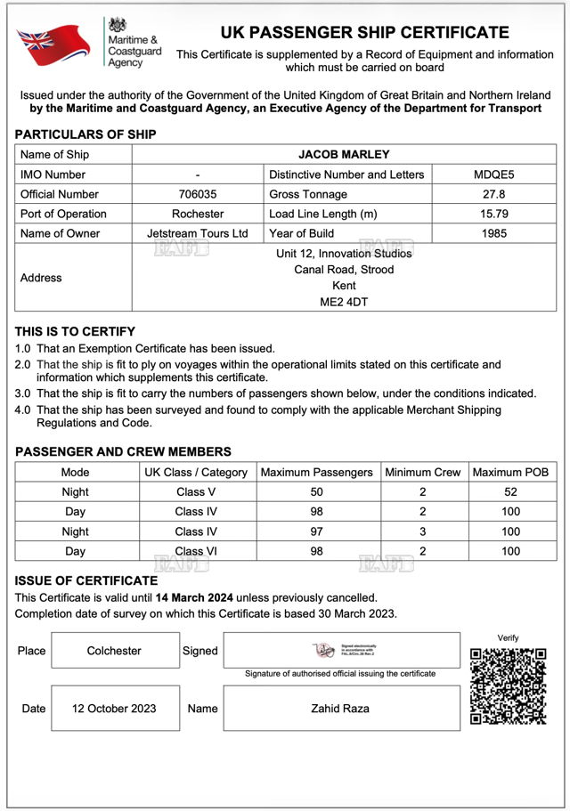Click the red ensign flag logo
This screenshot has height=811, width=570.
(x=53, y=45)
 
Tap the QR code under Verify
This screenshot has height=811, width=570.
(x=508, y=685)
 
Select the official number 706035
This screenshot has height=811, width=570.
(x=197, y=194)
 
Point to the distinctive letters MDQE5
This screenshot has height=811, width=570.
(x=493, y=174)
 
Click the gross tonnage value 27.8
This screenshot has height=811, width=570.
(x=493, y=194)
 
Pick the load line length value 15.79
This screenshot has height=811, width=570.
(x=493, y=214)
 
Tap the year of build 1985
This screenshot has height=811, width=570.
(x=493, y=233)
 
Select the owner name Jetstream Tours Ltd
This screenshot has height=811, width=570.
(x=197, y=233)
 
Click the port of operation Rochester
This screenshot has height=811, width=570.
(x=197, y=214)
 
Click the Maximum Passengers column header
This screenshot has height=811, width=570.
(x=316, y=473)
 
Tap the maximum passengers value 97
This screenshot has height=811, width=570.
(x=316, y=531)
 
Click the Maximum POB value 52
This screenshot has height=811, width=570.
(x=510, y=492)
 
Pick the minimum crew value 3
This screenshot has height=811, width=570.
(x=422, y=531)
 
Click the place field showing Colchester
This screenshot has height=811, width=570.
(x=114, y=651)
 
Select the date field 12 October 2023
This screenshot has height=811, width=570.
(x=114, y=709)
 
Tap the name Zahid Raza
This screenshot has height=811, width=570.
(x=341, y=709)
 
